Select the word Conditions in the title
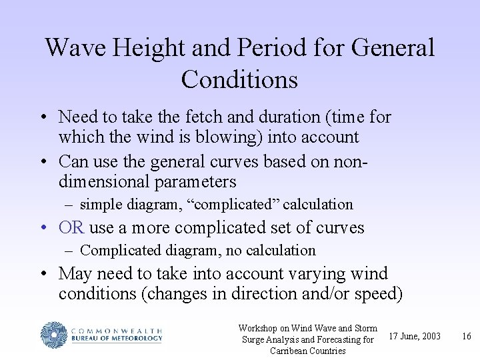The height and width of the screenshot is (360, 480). (x=239, y=79)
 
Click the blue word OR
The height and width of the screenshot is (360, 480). (x=71, y=227)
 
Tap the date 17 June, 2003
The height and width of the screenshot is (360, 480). (x=415, y=336)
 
